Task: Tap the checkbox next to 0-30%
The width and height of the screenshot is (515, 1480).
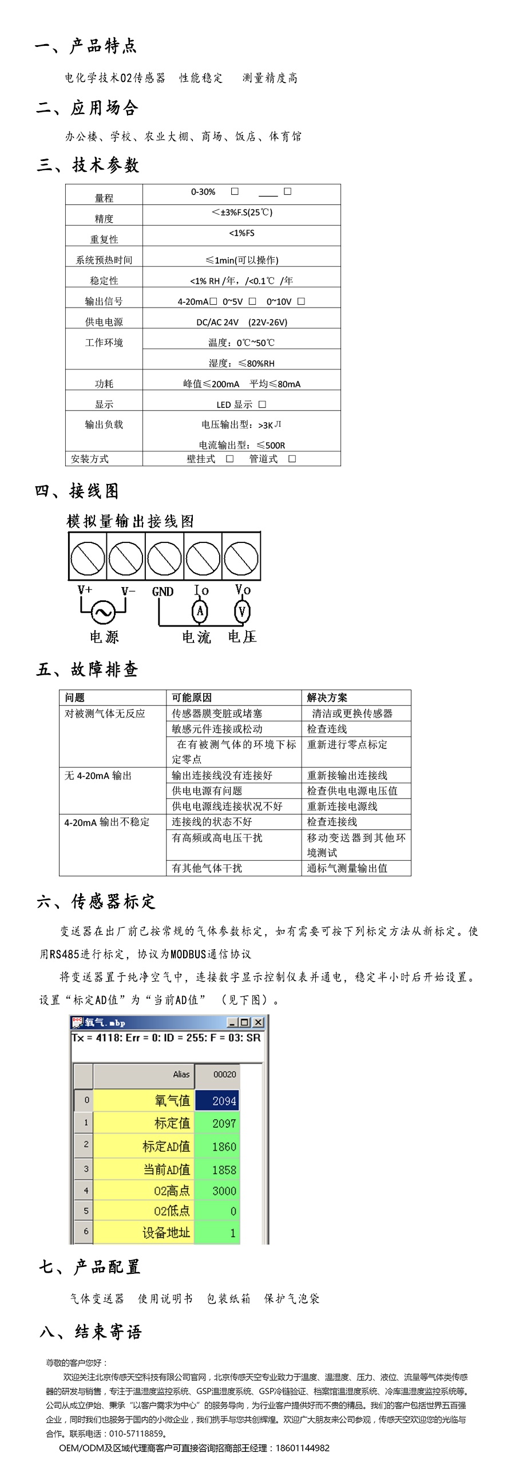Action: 235,191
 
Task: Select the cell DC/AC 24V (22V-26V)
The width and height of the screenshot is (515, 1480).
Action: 241,322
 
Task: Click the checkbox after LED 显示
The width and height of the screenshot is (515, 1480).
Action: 263,404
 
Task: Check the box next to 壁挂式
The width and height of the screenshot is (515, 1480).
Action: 229,458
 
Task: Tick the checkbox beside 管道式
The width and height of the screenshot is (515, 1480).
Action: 292,458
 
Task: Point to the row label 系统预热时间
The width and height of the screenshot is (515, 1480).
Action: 104,260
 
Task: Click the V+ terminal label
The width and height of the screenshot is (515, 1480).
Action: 85,590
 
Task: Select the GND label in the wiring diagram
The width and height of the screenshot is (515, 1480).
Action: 163,591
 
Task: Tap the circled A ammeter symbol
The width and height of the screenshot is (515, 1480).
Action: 200,611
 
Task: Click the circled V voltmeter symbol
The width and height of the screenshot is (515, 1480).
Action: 241,611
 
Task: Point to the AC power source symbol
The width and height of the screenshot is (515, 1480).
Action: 104,612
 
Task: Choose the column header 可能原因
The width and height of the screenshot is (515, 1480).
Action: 192,698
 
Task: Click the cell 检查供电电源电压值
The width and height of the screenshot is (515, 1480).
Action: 352,790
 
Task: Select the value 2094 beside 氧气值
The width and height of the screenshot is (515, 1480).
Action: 223,1101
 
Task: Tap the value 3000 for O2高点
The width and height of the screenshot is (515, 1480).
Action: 223,1191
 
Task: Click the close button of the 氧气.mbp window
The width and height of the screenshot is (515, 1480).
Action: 259,1023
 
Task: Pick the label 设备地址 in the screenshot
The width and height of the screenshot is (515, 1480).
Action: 166,1233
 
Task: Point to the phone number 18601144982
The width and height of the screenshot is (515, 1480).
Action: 303,1448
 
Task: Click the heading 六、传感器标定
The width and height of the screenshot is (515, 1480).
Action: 96,902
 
